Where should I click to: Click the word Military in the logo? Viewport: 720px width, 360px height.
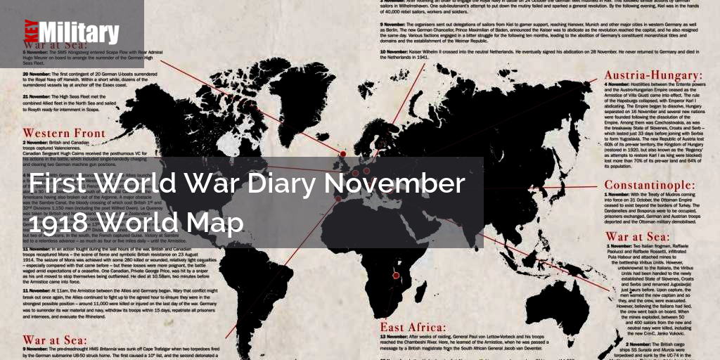click(79, 33)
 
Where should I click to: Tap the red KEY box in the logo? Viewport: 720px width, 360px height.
click(29, 33)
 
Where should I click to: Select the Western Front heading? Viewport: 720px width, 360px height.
click(64, 133)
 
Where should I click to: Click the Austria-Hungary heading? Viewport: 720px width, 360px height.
click(648, 74)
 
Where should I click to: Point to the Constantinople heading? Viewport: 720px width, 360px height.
click(650, 186)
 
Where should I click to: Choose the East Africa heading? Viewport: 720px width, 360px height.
click(413, 328)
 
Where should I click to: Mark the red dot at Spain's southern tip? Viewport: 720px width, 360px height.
click(339, 199)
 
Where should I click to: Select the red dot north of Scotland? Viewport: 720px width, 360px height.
click(343, 154)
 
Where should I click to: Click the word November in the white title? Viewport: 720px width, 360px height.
click(395, 184)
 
